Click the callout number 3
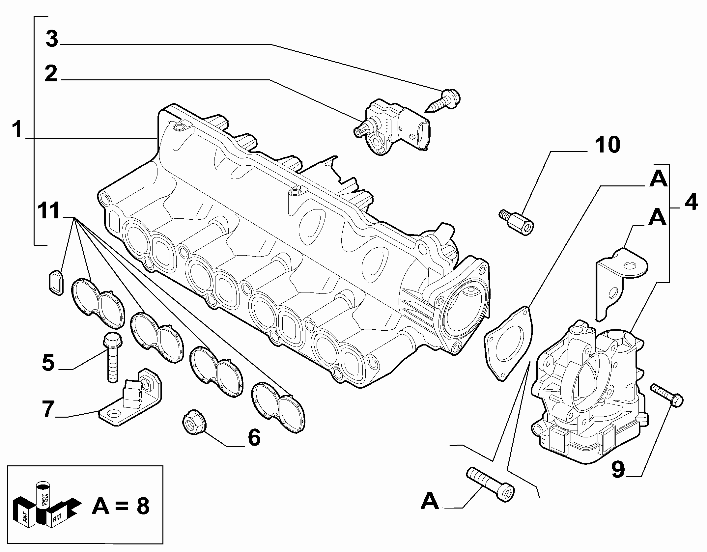pos(52,40)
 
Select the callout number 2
pos(51,74)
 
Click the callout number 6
pos(254,438)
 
